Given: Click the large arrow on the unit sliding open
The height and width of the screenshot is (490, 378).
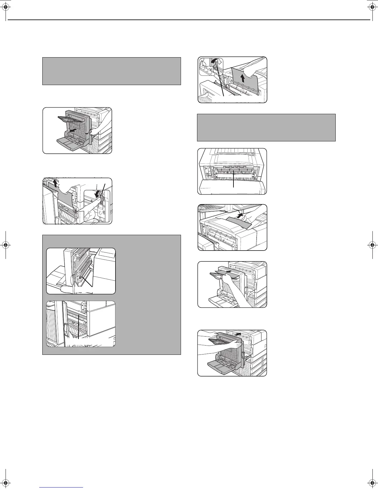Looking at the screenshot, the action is [73, 130].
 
